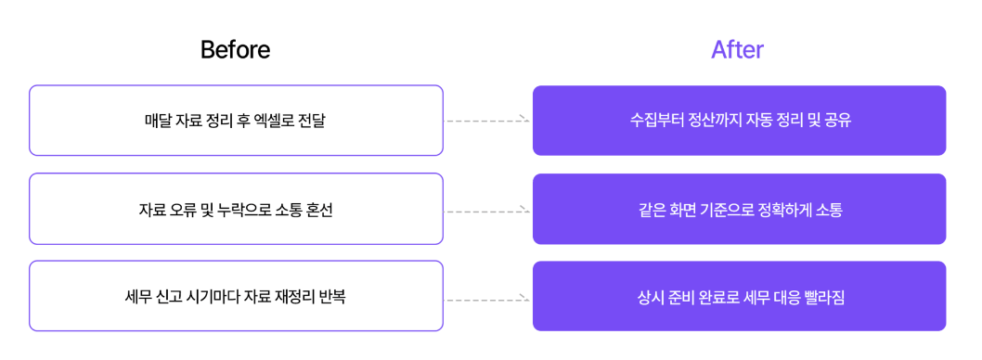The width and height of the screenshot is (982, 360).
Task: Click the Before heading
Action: click(235, 50)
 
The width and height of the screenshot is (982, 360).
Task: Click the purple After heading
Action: click(737, 50)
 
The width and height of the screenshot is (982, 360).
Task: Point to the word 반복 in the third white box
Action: click(331, 298)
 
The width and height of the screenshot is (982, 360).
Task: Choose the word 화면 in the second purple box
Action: click(688, 210)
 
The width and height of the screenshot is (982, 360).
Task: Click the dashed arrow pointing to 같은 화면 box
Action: click(487, 211)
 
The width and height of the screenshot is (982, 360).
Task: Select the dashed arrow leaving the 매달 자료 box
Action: click(487, 121)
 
